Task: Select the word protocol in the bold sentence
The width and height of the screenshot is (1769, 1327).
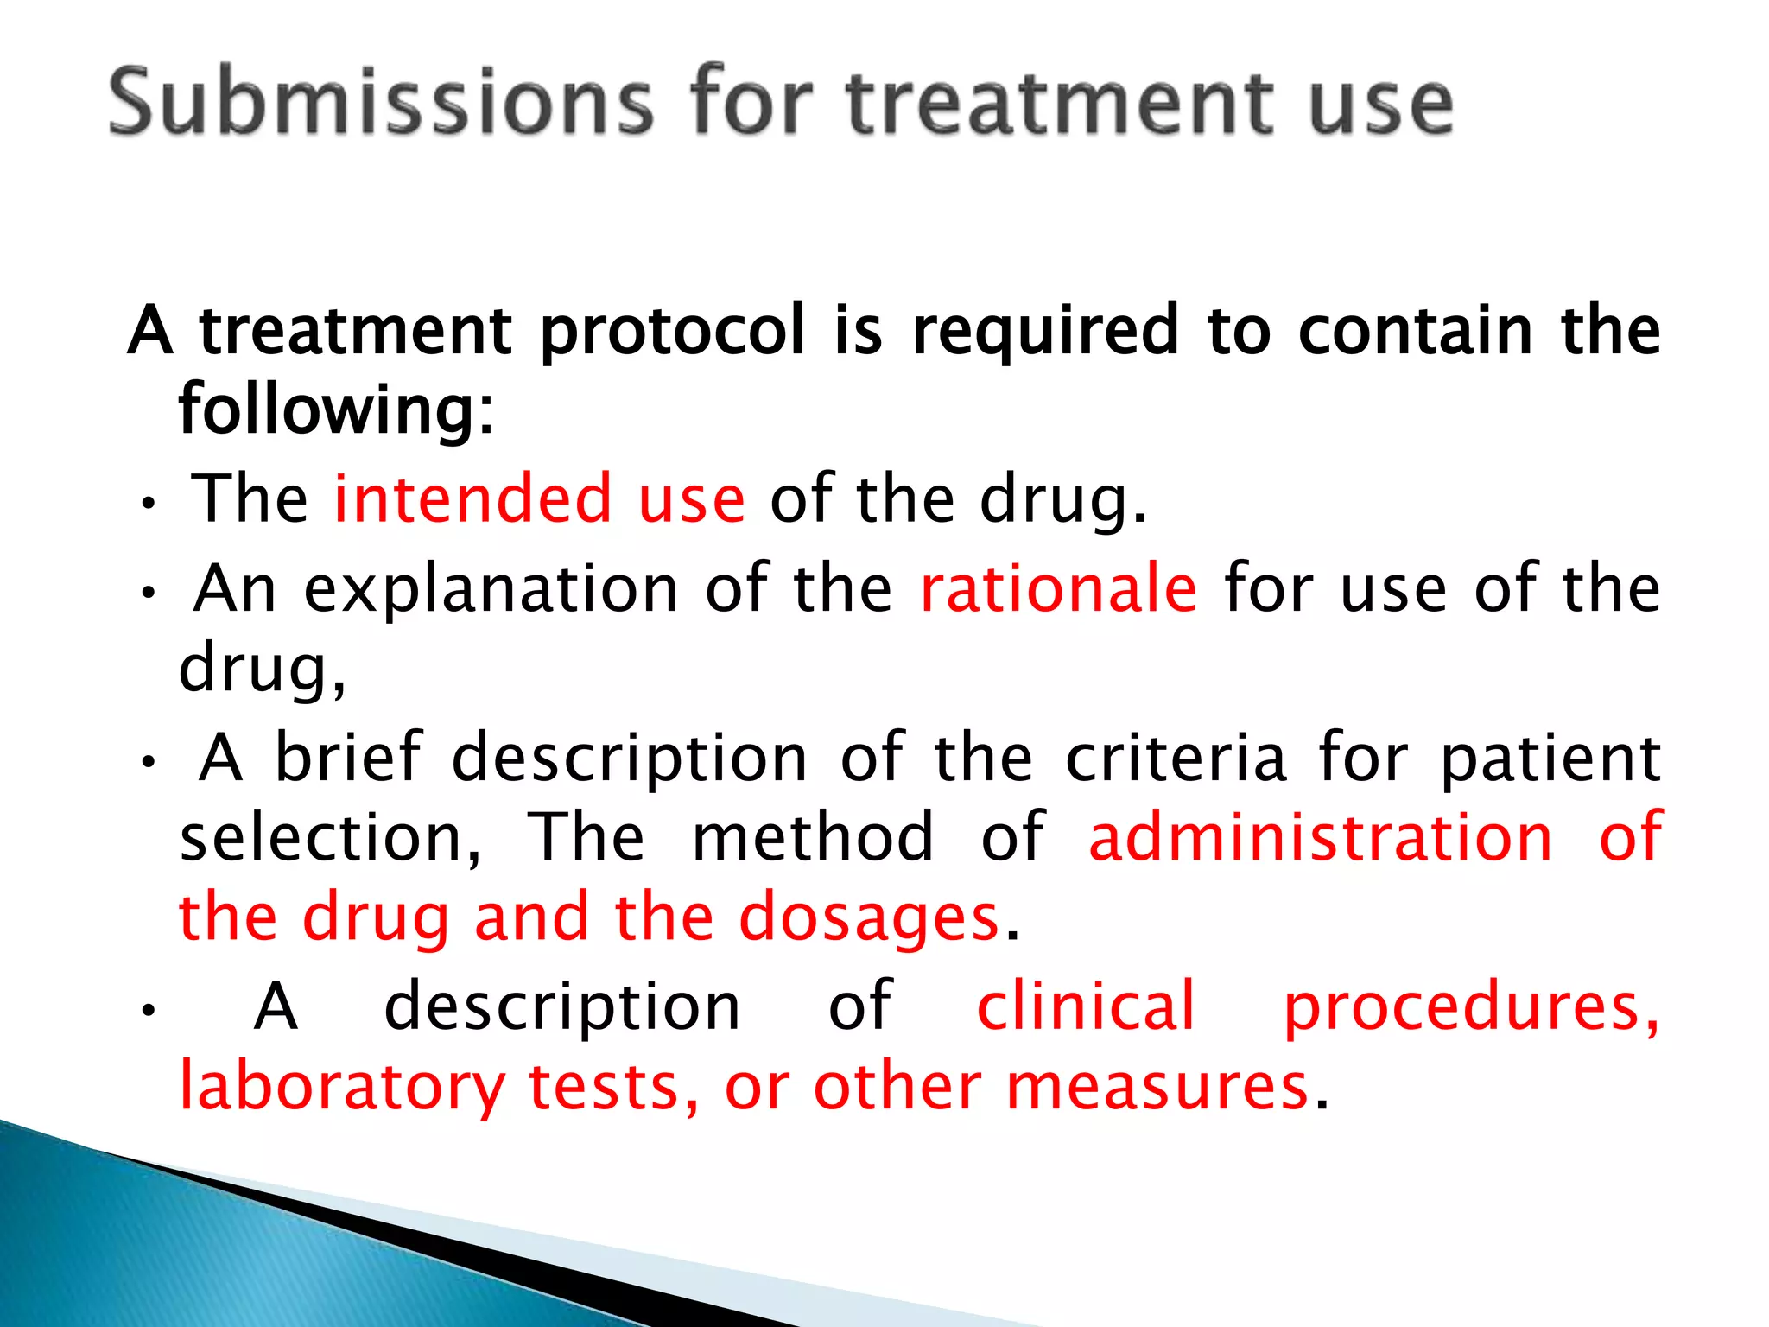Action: [x=673, y=332]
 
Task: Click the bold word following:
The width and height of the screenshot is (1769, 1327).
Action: [x=336, y=410]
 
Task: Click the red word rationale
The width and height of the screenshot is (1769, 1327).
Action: [x=1059, y=588]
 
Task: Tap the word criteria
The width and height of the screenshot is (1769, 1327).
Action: [x=1176, y=758]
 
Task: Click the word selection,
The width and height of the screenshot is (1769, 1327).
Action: [x=330, y=837]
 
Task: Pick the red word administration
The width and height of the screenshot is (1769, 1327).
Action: [x=1321, y=837]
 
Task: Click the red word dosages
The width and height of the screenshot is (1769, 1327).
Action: [x=869, y=918]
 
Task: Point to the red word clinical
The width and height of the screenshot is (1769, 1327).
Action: [x=1086, y=1006]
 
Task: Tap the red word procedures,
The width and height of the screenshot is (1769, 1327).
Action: [x=1471, y=1007]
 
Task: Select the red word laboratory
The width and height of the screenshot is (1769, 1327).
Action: [x=342, y=1088]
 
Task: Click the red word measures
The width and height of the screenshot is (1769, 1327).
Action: [x=1157, y=1086]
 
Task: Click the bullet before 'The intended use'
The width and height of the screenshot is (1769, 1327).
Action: [x=149, y=504]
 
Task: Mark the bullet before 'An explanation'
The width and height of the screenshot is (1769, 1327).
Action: [x=149, y=593]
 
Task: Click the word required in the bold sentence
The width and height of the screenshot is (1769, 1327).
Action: [x=1045, y=332]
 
